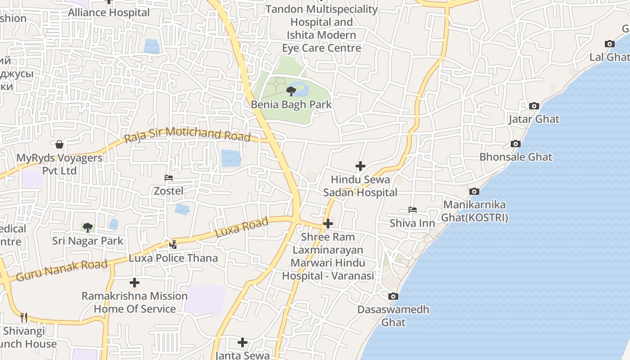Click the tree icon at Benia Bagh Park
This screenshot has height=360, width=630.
[x=291, y=91]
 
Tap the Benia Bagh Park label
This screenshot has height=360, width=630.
[x=291, y=105]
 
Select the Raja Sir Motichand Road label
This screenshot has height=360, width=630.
[x=187, y=134]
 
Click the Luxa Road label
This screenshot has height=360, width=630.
[x=242, y=227]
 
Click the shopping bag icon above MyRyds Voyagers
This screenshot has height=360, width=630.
[x=59, y=144]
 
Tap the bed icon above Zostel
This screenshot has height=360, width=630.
[x=169, y=178]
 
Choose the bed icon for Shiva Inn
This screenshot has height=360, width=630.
[x=413, y=210]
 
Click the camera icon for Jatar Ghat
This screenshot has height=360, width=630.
[x=534, y=106]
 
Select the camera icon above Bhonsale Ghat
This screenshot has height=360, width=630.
[x=516, y=144]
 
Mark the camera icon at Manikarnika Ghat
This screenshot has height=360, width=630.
[x=474, y=192]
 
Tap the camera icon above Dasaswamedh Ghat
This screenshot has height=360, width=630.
[x=393, y=296]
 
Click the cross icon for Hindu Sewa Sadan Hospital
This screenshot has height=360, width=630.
[x=360, y=166]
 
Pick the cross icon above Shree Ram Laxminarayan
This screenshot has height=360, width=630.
[x=328, y=224]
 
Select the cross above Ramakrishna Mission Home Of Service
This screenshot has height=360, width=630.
[x=135, y=283]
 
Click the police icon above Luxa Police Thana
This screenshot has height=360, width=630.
[x=173, y=245]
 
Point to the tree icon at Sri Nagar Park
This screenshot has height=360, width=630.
[x=88, y=227]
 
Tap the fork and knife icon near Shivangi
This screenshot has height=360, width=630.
[x=24, y=317]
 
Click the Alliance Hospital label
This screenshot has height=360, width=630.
[x=109, y=13]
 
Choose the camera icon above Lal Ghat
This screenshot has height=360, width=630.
[x=610, y=44]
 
